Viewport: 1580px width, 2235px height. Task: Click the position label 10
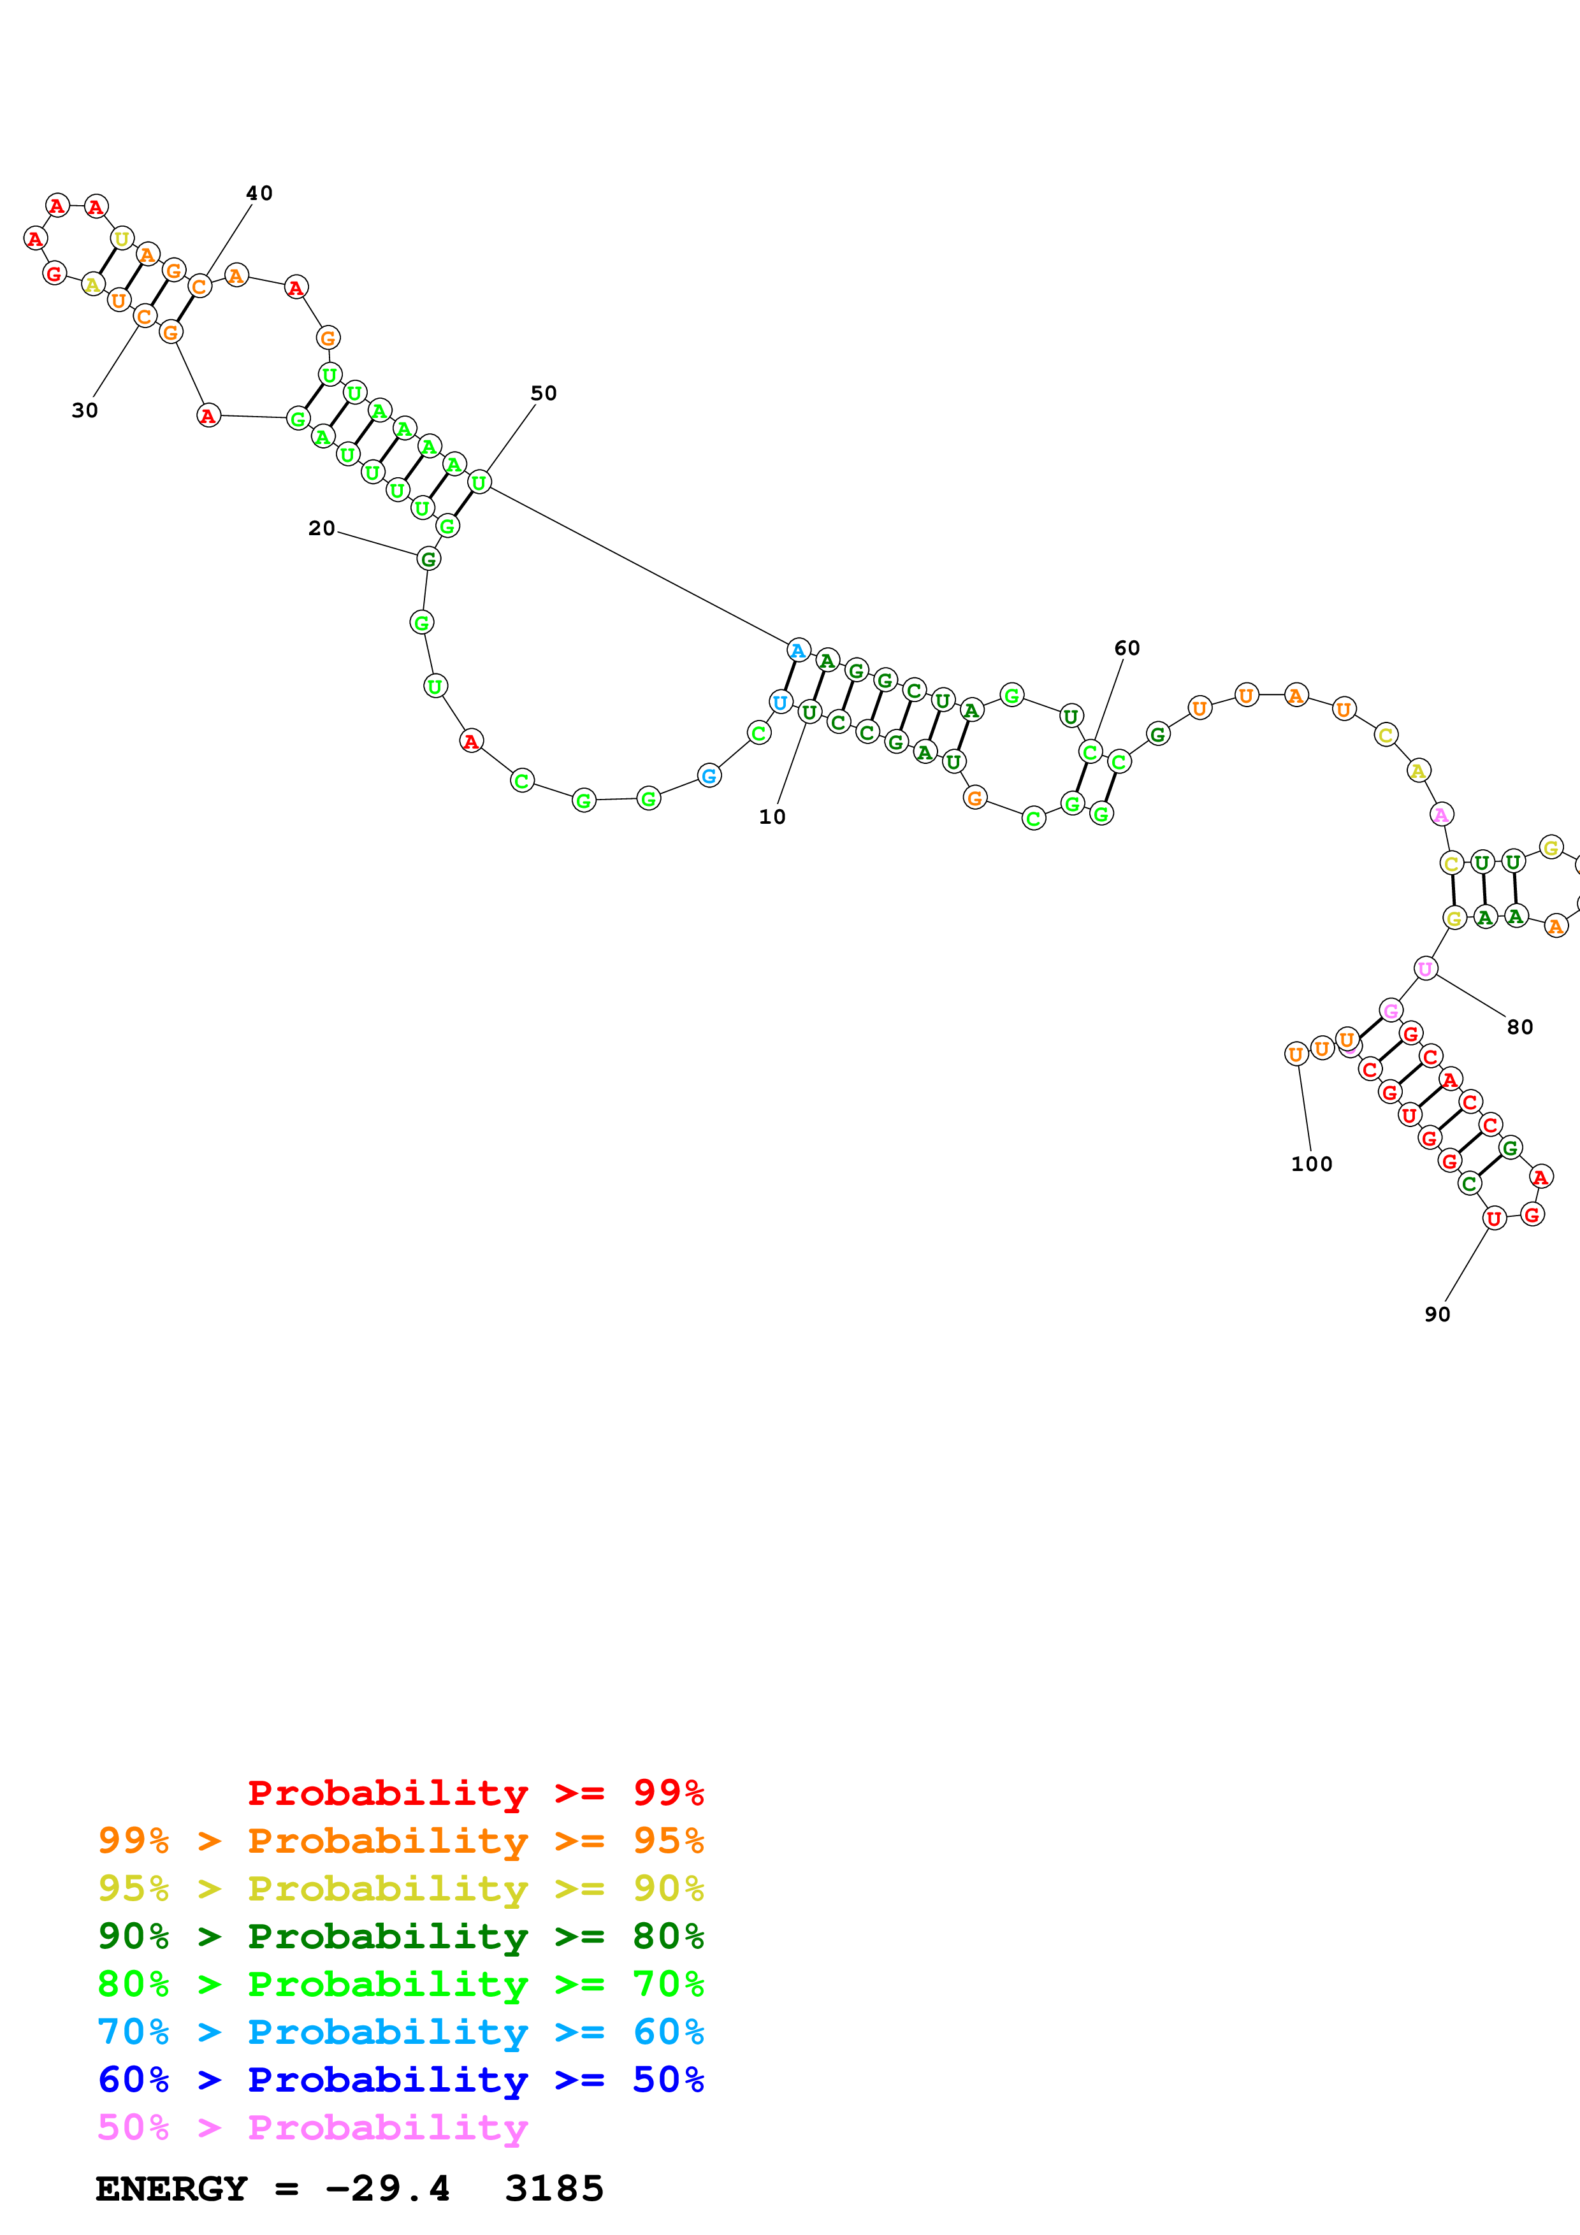coord(772,817)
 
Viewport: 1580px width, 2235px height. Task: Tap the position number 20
coord(321,529)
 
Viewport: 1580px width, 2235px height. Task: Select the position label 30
coord(85,411)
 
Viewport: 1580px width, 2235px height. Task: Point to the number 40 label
coord(259,194)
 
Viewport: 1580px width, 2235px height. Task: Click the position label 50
coord(543,393)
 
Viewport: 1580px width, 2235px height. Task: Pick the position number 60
coord(1126,649)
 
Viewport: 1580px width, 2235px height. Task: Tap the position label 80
coord(1519,1027)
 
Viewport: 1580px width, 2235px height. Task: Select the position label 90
coord(1437,1314)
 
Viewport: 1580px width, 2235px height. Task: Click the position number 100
coord(1311,1164)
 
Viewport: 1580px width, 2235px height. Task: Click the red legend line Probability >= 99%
coord(475,1792)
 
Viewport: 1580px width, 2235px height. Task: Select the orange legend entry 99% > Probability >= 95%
coord(400,1840)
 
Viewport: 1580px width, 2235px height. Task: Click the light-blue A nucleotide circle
coord(798,650)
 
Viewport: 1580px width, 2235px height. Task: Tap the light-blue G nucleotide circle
coord(709,776)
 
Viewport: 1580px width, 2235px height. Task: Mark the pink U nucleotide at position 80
coord(1425,968)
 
